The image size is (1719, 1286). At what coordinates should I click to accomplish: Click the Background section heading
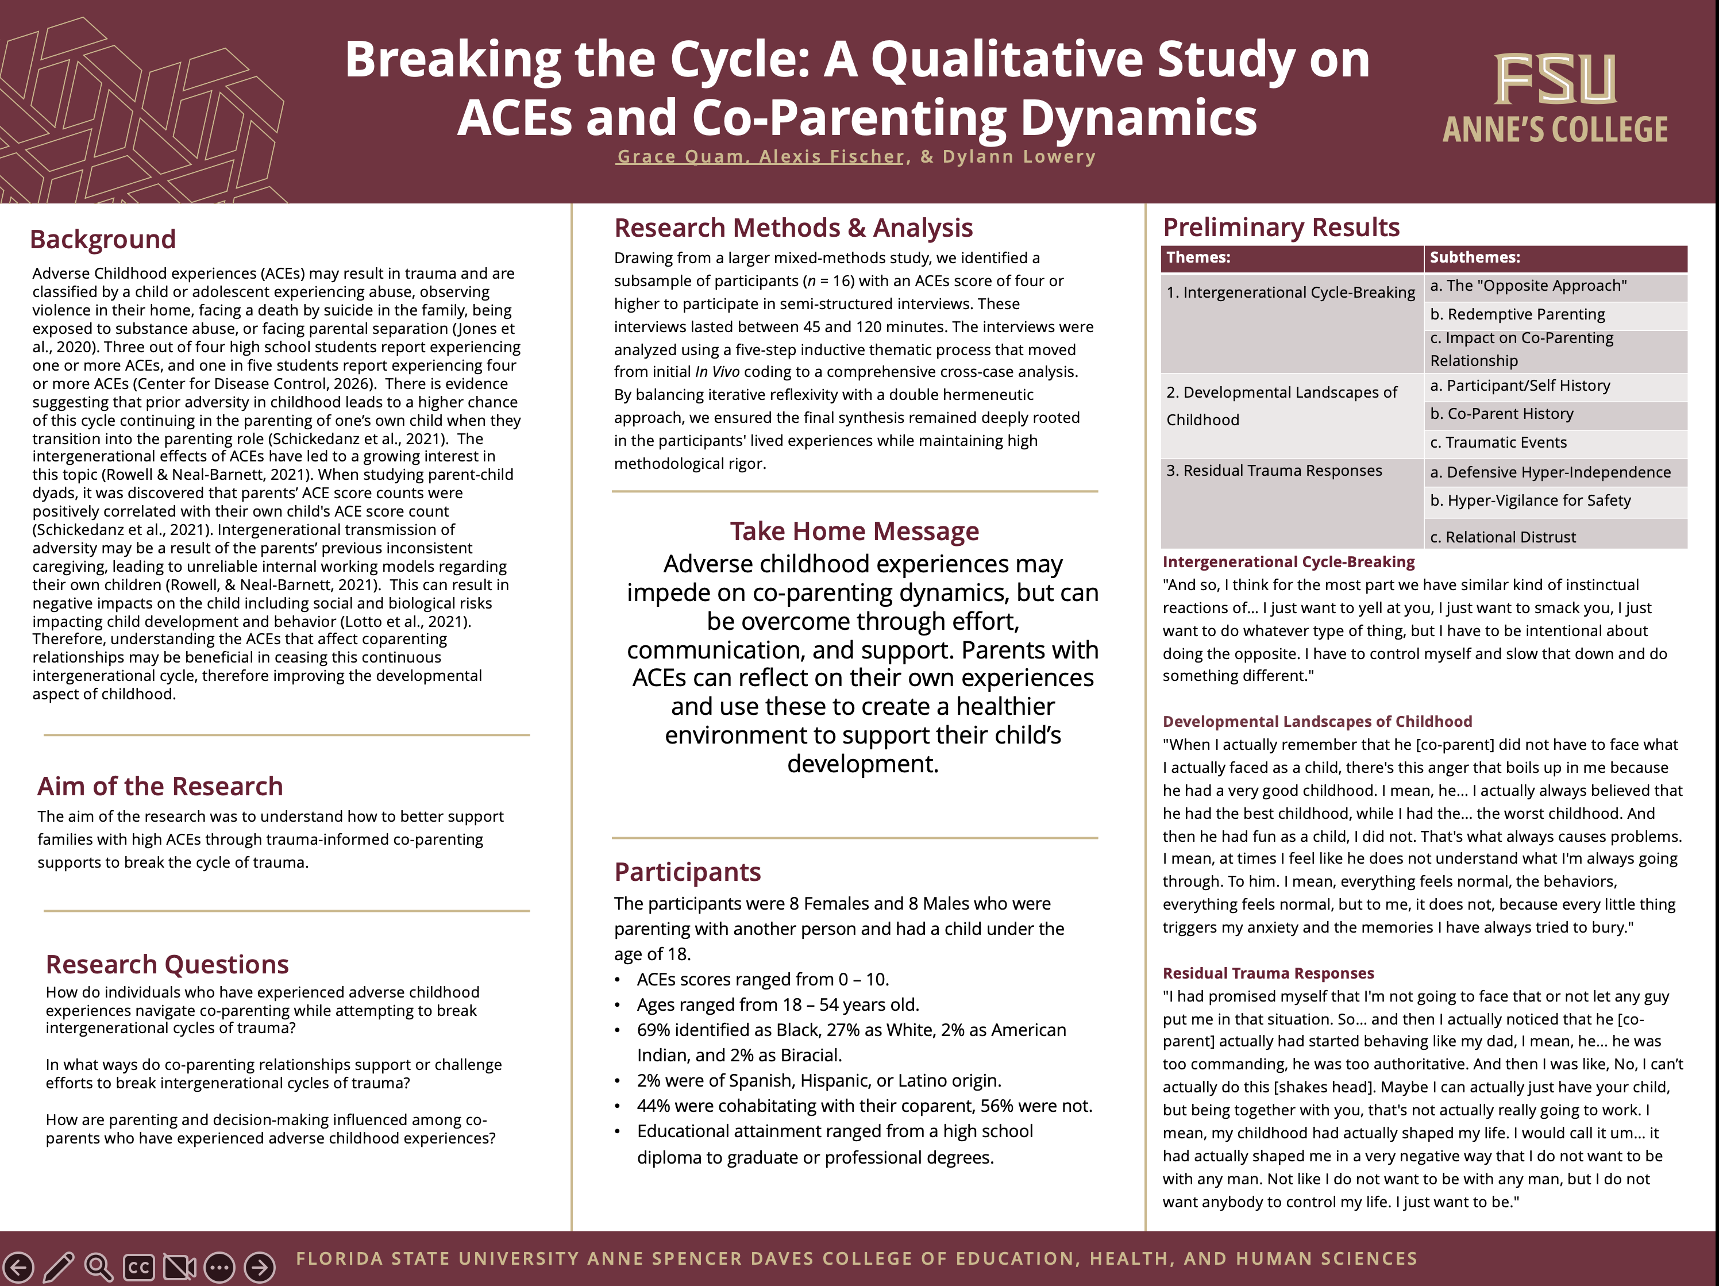(x=103, y=239)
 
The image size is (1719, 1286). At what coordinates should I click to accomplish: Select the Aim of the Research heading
(x=160, y=786)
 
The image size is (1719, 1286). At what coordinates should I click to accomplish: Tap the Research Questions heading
(x=167, y=964)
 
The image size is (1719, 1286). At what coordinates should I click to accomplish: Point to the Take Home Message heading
(x=854, y=532)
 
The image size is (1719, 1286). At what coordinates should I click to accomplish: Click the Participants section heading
(x=687, y=872)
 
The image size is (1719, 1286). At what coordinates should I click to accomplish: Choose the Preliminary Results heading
(x=1281, y=227)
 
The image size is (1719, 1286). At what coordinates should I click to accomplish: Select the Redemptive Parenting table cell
(x=1517, y=314)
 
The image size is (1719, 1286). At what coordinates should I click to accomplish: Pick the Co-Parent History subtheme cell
(x=1501, y=414)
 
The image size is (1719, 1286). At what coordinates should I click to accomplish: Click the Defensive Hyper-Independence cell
(x=1550, y=472)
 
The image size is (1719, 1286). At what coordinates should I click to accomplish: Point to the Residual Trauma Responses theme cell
(x=1274, y=471)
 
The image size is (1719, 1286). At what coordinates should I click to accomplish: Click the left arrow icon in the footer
(x=18, y=1268)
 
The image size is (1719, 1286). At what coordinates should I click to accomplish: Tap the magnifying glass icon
(x=99, y=1268)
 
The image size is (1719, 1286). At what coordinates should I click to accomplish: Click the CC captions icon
(x=139, y=1268)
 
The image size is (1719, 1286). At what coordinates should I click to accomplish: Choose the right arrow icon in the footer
(x=260, y=1268)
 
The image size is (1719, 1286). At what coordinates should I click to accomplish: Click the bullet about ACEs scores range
(x=762, y=979)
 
